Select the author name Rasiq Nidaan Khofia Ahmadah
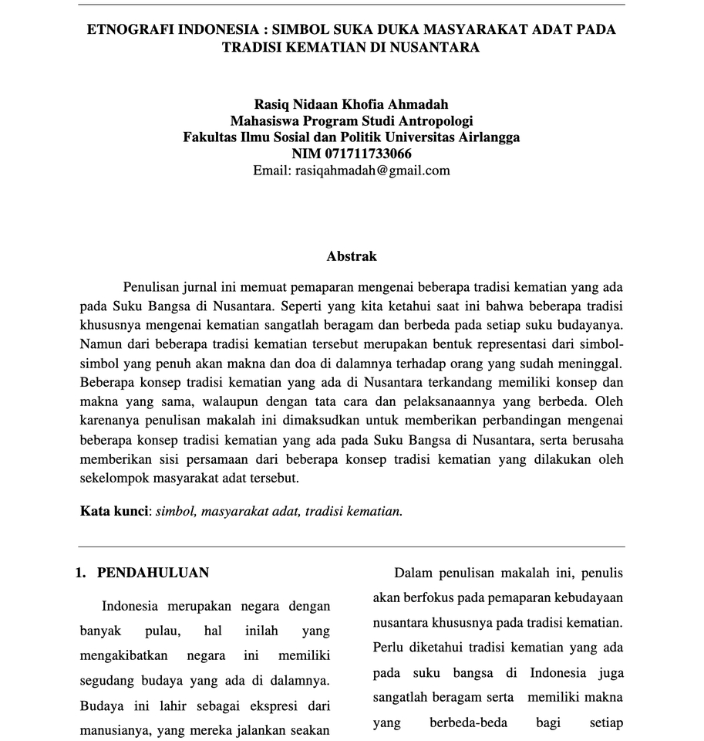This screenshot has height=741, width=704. (x=351, y=104)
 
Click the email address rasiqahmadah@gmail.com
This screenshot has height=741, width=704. (x=372, y=171)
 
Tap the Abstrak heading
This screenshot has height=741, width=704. (x=352, y=255)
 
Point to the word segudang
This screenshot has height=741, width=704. (x=108, y=681)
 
